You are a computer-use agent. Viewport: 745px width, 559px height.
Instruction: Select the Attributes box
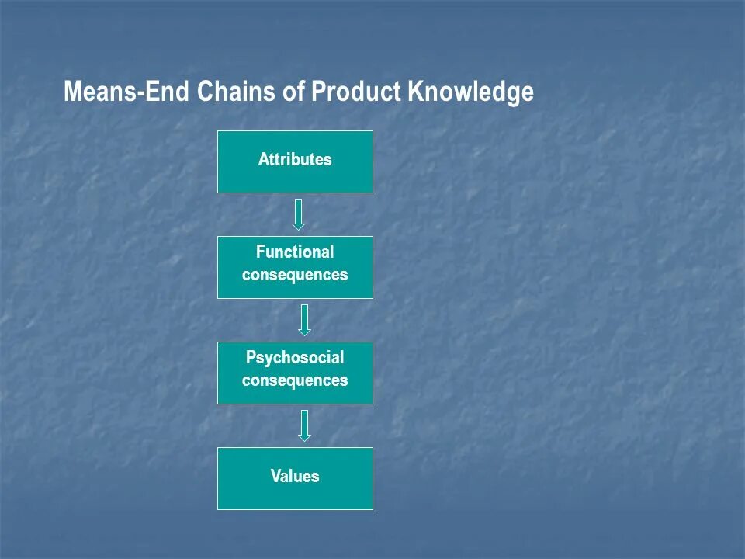click(x=295, y=161)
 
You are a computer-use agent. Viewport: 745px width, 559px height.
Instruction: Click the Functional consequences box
click(x=295, y=267)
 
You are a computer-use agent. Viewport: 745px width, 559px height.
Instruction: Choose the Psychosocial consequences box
click(x=295, y=373)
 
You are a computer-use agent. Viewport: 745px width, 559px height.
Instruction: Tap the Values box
click(x=295, y=478)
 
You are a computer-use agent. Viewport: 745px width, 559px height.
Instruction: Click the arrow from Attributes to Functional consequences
click(x=299, y=214)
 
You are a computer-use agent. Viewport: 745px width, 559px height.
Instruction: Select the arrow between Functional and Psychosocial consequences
click(x=304, y=320)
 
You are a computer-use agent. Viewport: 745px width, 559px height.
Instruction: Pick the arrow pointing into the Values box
click(x=304, y=425)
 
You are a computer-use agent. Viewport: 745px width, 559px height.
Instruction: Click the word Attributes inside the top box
click(x=295, y=160)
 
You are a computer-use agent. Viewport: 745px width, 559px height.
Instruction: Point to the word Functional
click(x=295, y=252)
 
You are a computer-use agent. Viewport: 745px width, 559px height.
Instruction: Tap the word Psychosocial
click(x=295, y=358)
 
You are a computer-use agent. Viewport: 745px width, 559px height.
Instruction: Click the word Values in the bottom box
click(x=295, y=476)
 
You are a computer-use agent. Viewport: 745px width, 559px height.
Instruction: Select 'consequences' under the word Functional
click(x=295, y=275)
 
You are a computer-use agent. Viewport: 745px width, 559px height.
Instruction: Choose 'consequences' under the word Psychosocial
click(x=295, y=380)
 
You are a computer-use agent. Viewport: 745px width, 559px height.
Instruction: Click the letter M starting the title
click(x=72, y=92)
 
